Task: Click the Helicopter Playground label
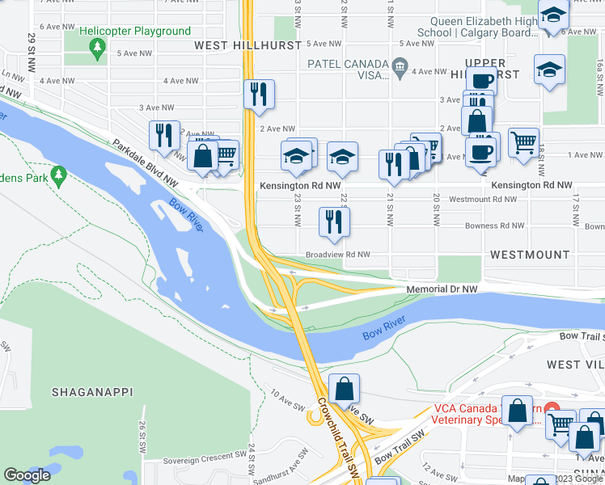click(135, 32)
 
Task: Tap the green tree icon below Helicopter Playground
click(98, 50)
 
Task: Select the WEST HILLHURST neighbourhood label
click(247, 46)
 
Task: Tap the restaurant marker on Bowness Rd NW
click(334, 221)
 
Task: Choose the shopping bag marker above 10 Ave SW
click(345, 389)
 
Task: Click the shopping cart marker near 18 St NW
click(524, 143)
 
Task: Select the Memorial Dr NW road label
click(442, 289)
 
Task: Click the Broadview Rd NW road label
click(337, 255)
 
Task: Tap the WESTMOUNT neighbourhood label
click(530, 255)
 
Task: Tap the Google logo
click(27, 474)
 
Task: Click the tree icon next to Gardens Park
click(58, 174)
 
